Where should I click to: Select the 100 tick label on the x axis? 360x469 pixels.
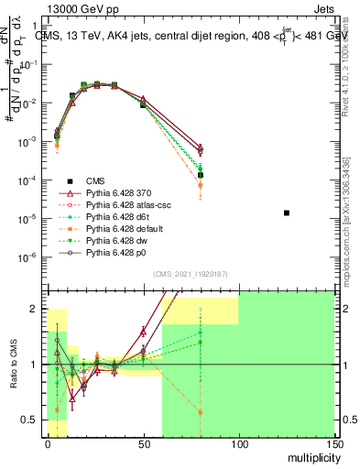(238, 442)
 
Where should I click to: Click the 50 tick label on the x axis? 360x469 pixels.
(142, 442)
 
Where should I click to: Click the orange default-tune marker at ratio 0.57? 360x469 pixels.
(200, 412)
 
